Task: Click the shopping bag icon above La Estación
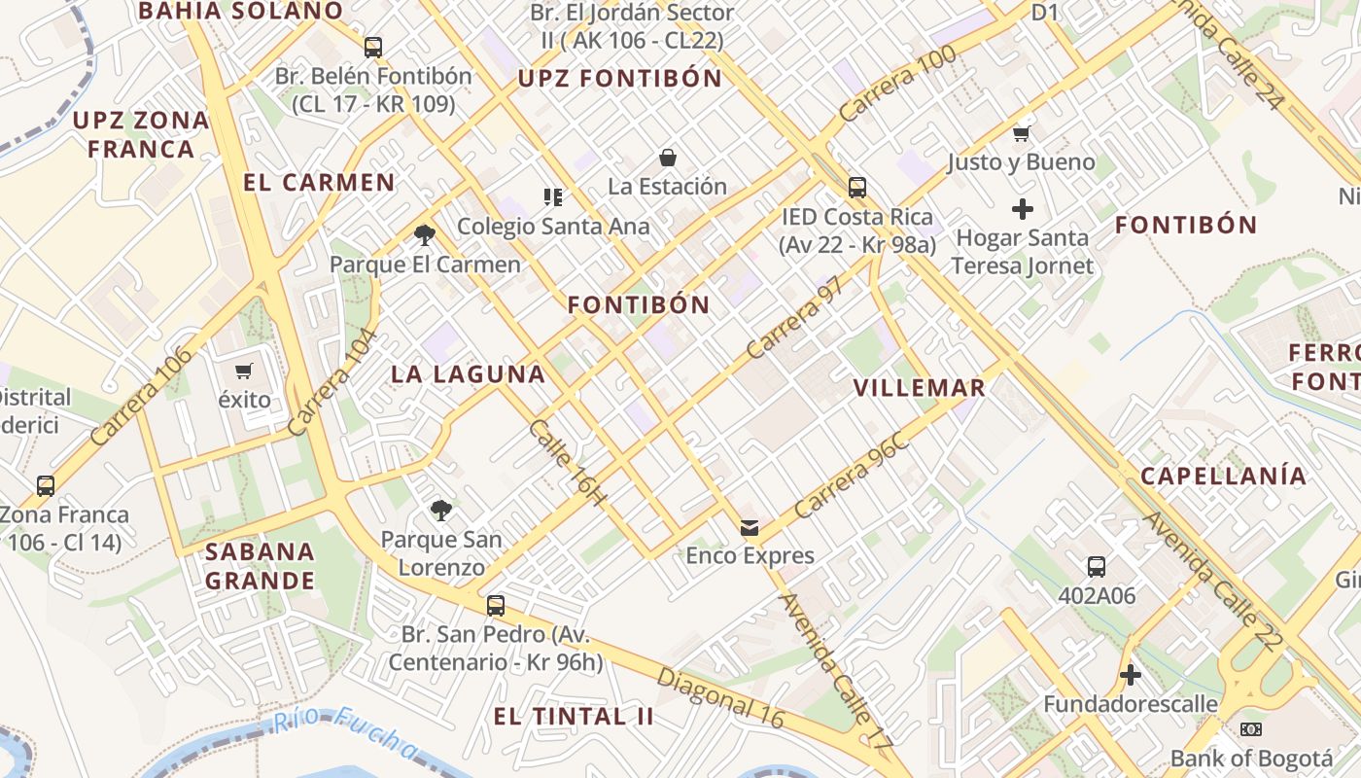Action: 668,158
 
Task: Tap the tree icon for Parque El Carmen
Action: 424,234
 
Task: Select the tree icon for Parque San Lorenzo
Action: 441,510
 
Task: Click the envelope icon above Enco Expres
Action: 750,528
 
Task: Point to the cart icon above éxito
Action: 244,371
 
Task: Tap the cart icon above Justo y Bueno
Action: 1021,133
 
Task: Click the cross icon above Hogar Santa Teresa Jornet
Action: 1022,208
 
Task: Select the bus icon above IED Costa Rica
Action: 856,187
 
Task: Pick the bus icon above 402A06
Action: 1097,566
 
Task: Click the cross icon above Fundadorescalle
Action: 1130,674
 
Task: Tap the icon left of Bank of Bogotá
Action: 1251,728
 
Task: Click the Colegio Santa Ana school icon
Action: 553,197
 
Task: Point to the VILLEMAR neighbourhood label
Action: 919,388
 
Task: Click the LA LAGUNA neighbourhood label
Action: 468,374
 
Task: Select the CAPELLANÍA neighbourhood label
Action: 1223,477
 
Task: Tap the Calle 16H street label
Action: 569,463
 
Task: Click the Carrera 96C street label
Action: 851,476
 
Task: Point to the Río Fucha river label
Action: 345,731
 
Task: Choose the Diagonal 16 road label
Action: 719,697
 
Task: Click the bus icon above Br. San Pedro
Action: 496,606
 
